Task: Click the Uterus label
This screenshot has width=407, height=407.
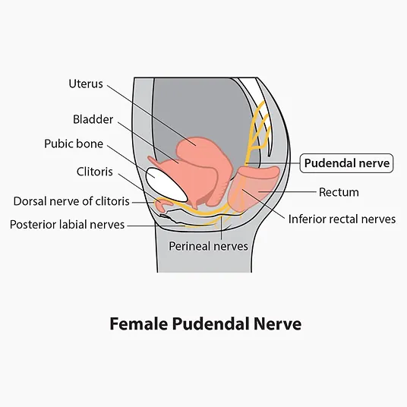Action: click(x=86, y=84)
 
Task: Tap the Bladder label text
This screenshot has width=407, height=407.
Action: click(x=93, y=119)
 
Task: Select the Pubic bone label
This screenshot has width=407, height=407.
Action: click(x=74, y=144)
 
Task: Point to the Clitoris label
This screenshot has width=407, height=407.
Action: click(x=94, y=172)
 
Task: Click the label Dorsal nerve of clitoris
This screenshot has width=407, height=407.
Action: click(x=71, y=201)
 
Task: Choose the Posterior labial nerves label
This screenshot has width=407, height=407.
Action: click(x=68, y=225)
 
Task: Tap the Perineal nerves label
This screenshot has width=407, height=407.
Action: click(x=208, y=246)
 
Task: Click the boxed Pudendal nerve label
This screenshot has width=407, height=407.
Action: click(x=346, y=163)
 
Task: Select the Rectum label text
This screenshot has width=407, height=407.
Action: click(x=339, y=192)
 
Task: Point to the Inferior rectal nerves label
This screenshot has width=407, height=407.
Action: click(x=342, y=219)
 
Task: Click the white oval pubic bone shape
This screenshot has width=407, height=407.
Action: click(x=166, y=185)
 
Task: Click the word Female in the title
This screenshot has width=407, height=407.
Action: click(x=139, y=323)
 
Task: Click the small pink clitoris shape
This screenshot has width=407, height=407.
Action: click(x=162, y=204)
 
